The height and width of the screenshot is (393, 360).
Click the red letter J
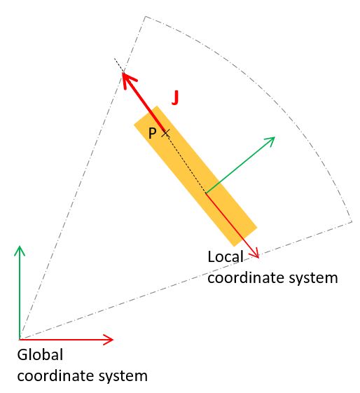(175, 98)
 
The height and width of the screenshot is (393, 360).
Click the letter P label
(152, 133)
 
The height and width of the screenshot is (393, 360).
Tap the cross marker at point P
(165, 132)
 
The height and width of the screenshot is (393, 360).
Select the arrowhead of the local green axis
(270, 140)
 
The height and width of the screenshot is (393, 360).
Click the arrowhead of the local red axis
(255, 254)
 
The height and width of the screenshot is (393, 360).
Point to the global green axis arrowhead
(20, 251)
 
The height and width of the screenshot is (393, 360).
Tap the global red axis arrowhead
(109, 340)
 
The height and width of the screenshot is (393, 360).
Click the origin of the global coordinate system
(20, 340)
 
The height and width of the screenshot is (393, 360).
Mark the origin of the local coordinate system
(206, 193)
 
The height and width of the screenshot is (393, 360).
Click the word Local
(226, 257)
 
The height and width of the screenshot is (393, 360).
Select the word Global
(40, 354)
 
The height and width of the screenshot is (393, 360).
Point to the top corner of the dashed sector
(145, 17)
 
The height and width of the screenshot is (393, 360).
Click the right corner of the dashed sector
(352, 221)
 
